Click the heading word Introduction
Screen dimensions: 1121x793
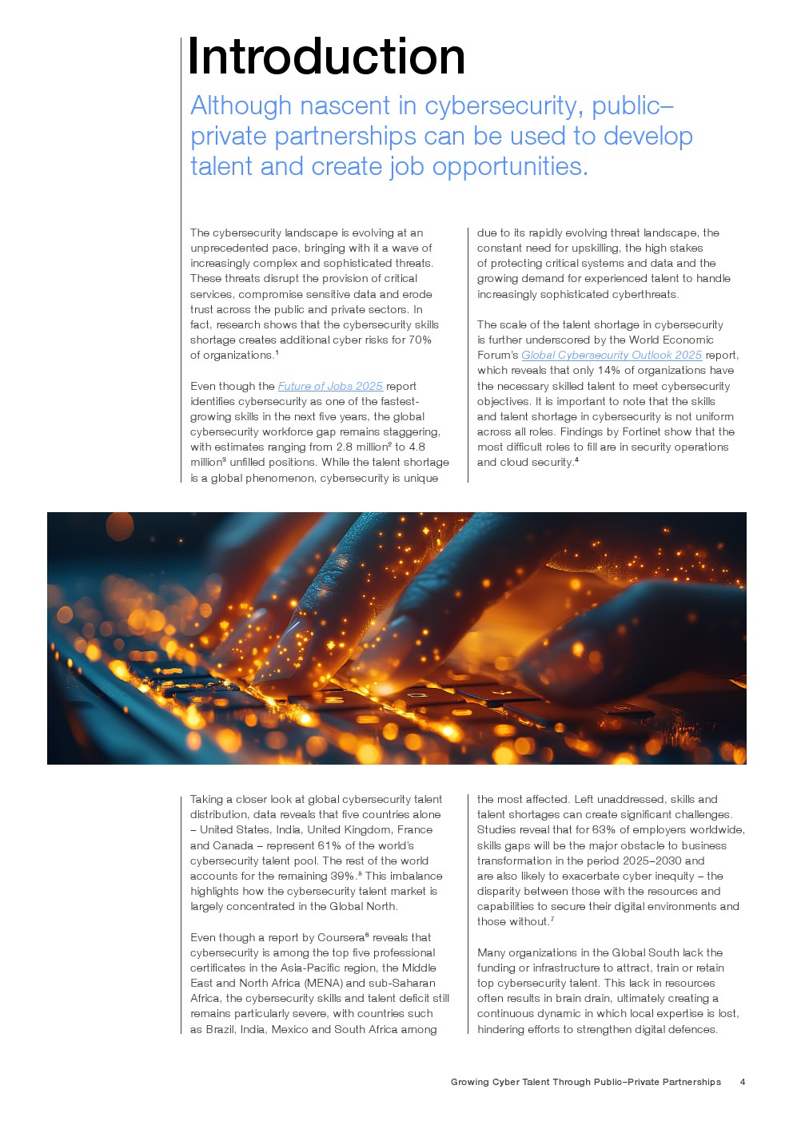[x=326, y=57]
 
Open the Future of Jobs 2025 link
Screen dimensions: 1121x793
[x=330, y=386]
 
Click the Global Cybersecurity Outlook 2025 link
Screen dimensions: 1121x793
[x=612, y=355]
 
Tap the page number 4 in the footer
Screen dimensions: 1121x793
[x=743, y=1082]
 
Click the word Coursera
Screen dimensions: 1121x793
[x=340, y=937]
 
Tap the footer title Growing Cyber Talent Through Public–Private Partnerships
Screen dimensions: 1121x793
[x=585, y=1082]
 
